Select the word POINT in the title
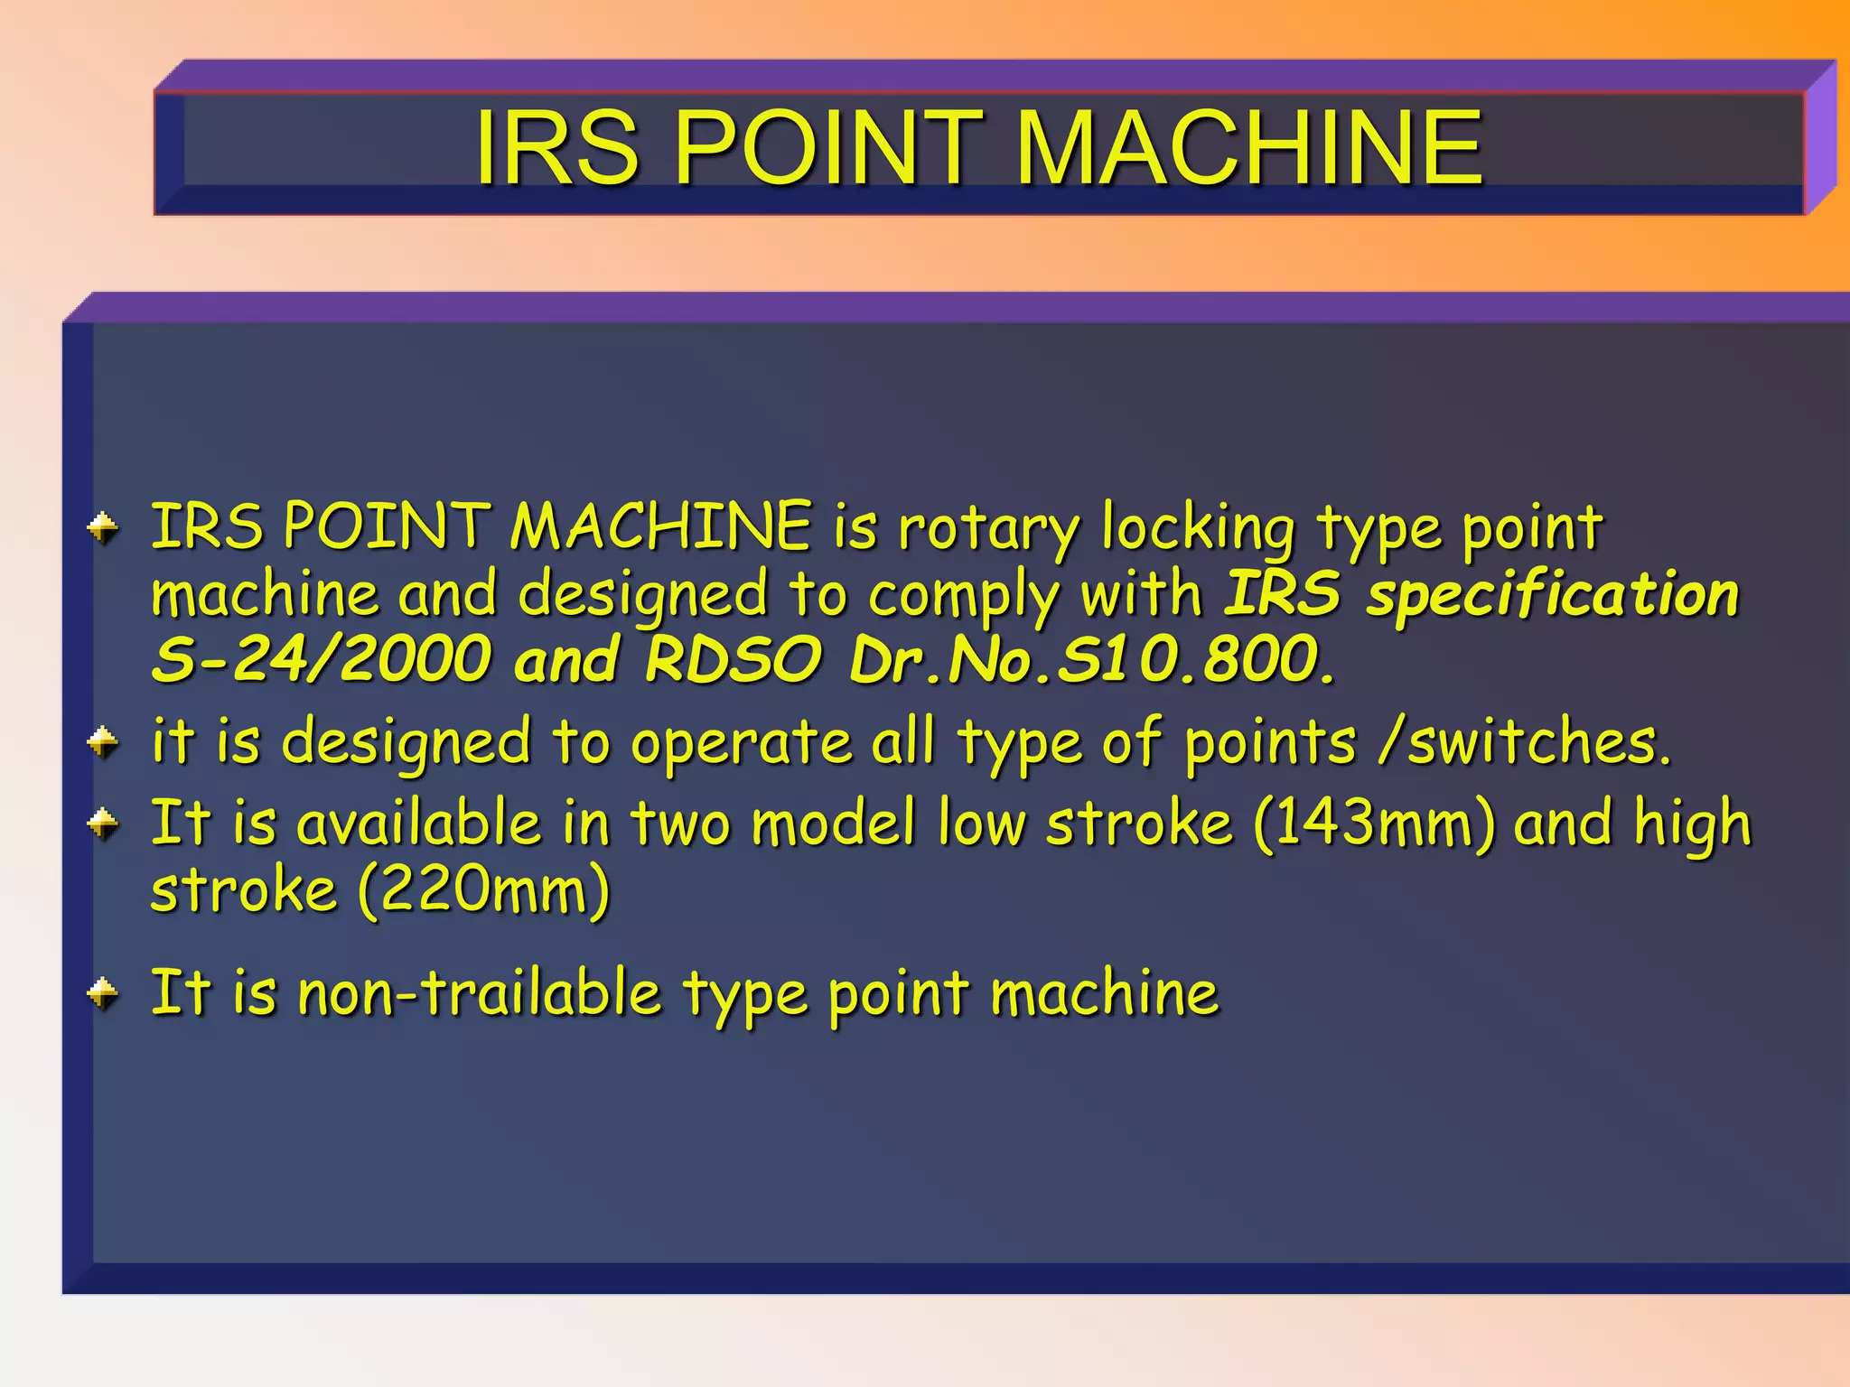click(827, 147)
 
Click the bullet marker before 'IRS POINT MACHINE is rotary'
click(104, 528)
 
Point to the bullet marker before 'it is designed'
click(104, 743)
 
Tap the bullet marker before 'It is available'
click(104, 824)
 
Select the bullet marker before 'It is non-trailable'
click(104, 993)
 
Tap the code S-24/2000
click(322, 659)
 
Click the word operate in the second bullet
click(741, 743)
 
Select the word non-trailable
click(480, 993)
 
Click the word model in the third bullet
click(834, 824)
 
